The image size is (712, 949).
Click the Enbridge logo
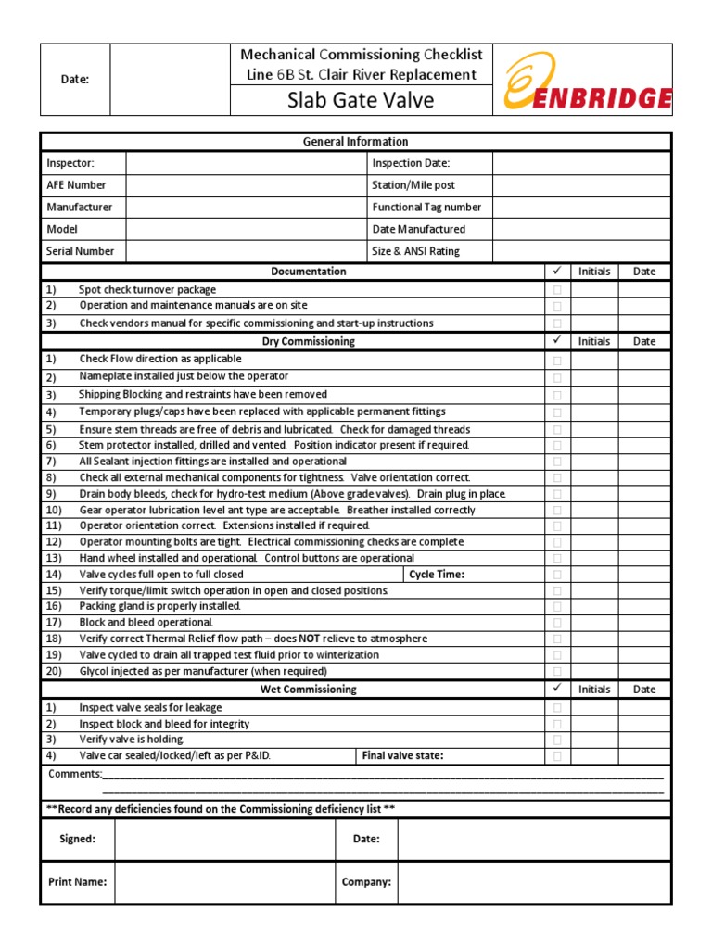[587, 80]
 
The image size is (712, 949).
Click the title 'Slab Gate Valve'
[362, 100]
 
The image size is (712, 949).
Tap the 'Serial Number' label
[81, 251]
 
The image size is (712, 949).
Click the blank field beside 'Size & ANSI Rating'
[581, 251]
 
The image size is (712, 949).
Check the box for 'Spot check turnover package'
[557, 289]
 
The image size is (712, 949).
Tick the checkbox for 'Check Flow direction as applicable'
[557, 360]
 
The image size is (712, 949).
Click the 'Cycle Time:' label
[437, 575]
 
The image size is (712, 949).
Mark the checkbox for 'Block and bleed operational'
[557, 623]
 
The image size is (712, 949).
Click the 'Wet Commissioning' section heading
[309, 690]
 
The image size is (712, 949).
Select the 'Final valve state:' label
[403, 756]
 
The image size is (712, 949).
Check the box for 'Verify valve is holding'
[557, 740]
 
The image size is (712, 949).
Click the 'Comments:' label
[75, 774]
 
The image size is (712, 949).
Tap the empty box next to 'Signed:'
[224, 840]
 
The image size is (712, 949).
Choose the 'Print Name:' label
[77, 882]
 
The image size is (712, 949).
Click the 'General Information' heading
[355, 142]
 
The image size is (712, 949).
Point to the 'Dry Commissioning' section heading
[309, 341]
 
